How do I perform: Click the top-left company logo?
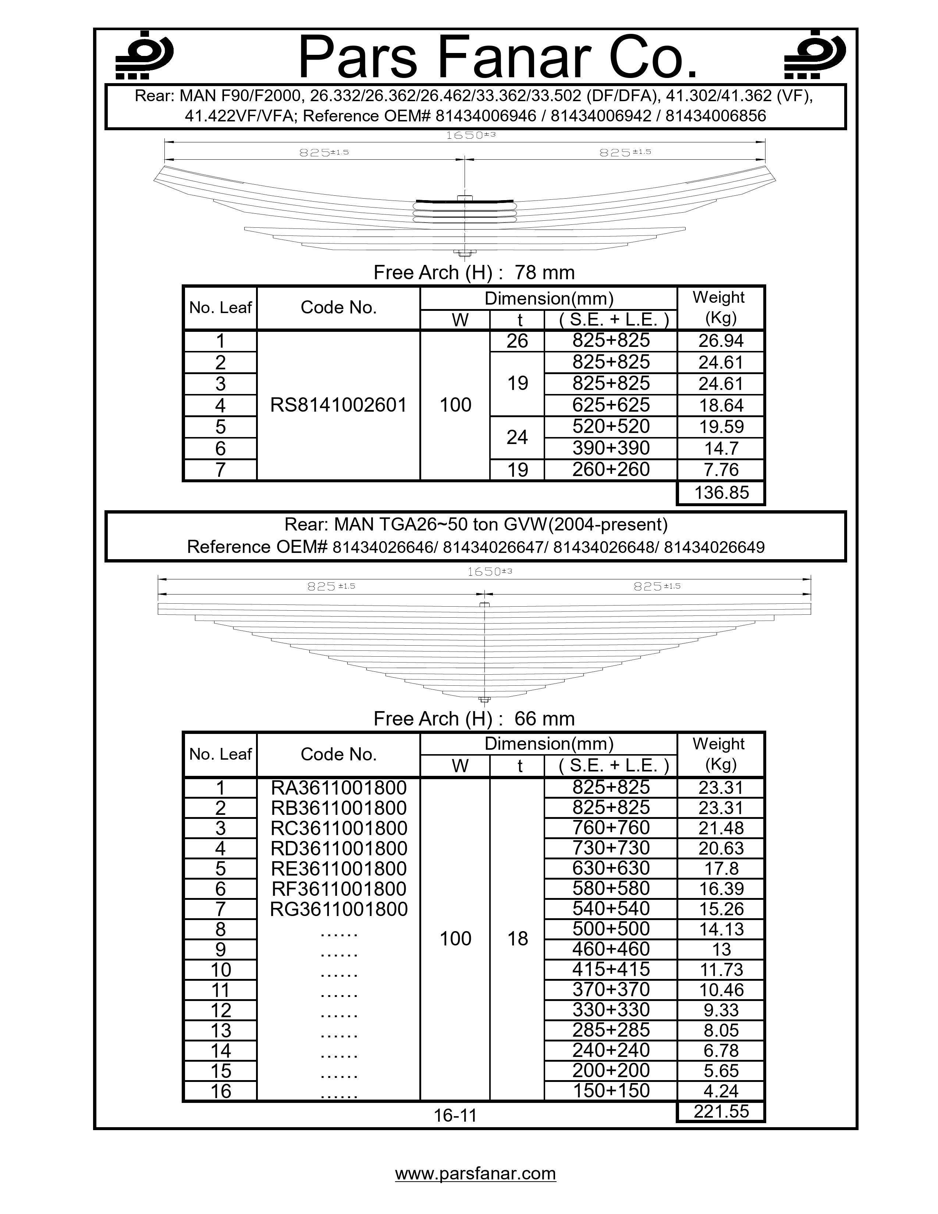pos(144,55)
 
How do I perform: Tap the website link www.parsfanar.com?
pos(475,1174)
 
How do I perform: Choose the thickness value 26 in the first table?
pos(517,341)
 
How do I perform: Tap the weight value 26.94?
pos(721,341)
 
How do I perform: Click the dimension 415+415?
pos(611,969)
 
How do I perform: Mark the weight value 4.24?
pos(721,1091)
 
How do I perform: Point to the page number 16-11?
pos(455,1115)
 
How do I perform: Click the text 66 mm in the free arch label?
pos(544,719)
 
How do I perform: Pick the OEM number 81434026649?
pos(714,547)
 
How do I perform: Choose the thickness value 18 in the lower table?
pos(517,939)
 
